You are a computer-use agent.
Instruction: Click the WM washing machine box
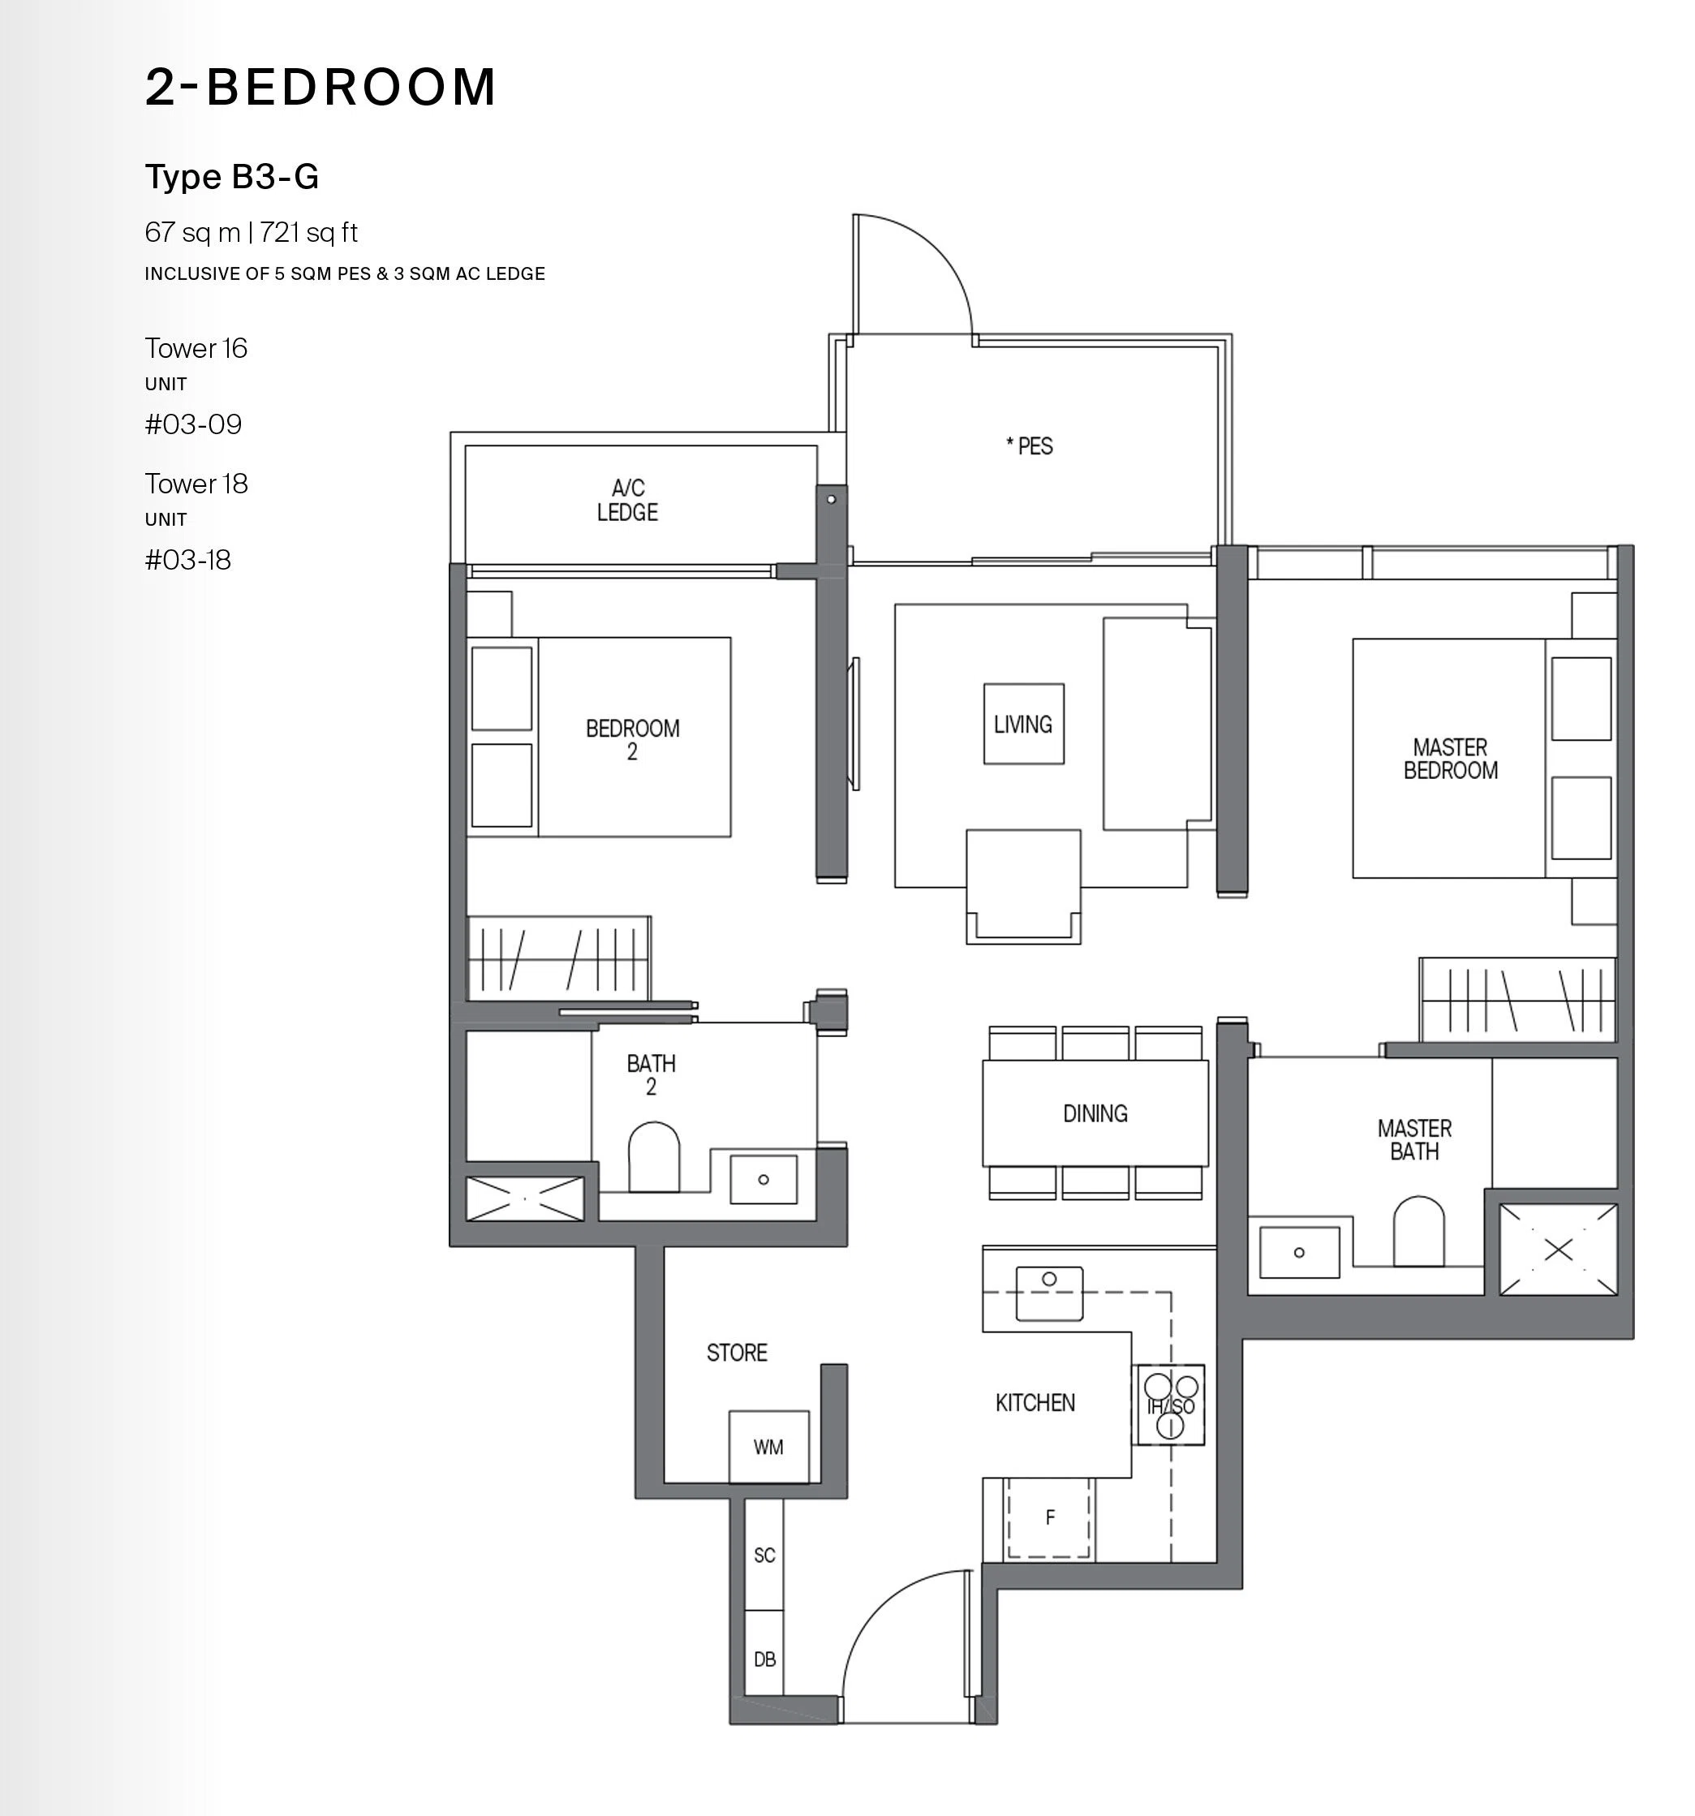click(768, 1446)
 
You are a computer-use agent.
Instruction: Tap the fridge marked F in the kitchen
click(1048, 1517)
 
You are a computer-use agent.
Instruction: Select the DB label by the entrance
click(764, 1659)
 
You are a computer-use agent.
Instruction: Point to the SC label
click(764, 1555)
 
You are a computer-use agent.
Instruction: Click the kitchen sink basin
click(1049, 1293)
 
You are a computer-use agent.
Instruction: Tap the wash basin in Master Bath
click(1299, 1252)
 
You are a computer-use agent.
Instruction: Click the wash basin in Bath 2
click(764, 1179)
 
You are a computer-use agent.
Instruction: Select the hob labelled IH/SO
click(1169, 1405)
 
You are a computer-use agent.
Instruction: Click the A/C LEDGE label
click(627, 500)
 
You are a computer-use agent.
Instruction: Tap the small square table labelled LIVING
click(1024, 724)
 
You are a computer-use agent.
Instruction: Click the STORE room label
click(737, 1352)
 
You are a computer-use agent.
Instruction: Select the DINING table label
click(1095, 1112)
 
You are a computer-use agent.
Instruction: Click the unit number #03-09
click(194, 424)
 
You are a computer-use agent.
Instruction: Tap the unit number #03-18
click(188, 560)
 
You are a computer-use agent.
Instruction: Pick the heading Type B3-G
click(232, 176)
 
